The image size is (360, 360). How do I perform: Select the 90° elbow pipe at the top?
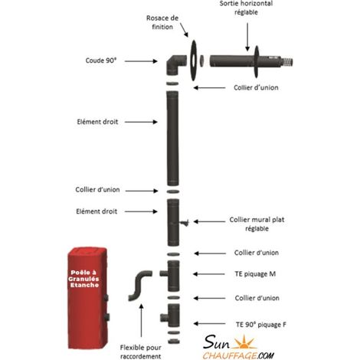pyautogui.click(x=175, y=65)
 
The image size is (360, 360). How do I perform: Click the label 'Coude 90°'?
pyautogui.click(x=101, y=61)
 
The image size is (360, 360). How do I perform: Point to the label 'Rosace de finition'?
pyautogui.click(x=162, y=22)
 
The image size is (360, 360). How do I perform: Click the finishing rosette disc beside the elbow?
pyautogui.click(x=194, y=61)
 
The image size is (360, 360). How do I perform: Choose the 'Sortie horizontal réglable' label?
pyautogui.click(x=246, y=8)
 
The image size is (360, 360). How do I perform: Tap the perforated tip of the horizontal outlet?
pyautogui.click(x=287, y=62)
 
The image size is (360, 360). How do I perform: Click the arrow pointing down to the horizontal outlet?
pyautogui.click(x=247, y=37)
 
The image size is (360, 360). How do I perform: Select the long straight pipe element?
pyautogui.click(x=172, y=139)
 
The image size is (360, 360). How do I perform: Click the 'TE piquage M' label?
pyautogui.click(x=255, y=274)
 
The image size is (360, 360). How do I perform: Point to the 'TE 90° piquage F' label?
pyautogui.click(x=260, y=325)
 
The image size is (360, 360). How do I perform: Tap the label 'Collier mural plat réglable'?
pyautogui.click(x=257, y=224)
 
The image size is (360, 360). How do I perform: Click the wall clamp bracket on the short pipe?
pyautogui.click(x=184, y=223)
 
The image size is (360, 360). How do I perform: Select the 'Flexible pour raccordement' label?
pyautogui.click(x=140, y=352)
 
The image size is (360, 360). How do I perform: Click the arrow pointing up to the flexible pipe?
pyautogui.click(x=141, y=320)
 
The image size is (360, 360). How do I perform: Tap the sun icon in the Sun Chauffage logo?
pyautogui.click(x=244, y=342)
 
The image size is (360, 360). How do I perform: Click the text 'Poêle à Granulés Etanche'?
pyautogui.click(x=83, y=279)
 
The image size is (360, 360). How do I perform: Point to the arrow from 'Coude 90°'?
pyautogui.click(x=141, y=61)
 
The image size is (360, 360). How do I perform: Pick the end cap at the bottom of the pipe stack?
pyautogui.click(x=174, y=341)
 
